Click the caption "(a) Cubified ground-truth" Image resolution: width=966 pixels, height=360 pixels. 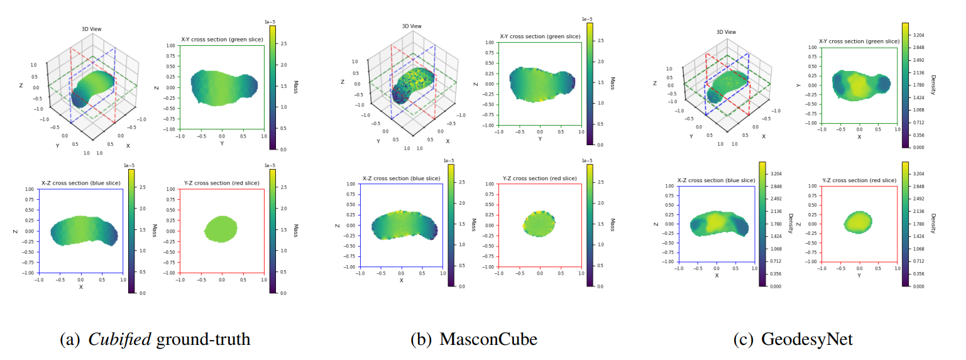coord(155,340)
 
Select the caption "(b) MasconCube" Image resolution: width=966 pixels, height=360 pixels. coord(473,340)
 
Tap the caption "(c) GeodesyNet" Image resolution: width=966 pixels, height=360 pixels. coord(793,340)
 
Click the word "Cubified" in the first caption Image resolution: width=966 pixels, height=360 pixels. coord(119,340)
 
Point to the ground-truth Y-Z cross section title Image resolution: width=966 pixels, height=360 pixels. coord(221,183)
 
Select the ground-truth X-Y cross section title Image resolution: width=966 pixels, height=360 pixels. coord(221,40)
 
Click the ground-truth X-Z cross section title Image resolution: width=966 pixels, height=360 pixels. coord(80,183)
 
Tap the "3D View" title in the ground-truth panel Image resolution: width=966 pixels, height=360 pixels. coord(91,29)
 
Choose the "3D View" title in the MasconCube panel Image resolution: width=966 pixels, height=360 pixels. coord(412,26)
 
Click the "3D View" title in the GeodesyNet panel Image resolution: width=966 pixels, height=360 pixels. coord(727,32)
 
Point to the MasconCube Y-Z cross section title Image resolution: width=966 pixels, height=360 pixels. coord(539,178)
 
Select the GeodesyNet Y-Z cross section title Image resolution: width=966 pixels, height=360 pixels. coord(860,180)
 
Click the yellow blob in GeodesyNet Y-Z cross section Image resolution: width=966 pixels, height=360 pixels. coord(858,221)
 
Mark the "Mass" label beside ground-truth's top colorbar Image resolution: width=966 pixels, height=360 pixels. coord(295,87)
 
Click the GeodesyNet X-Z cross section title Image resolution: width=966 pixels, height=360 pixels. coord(716,180)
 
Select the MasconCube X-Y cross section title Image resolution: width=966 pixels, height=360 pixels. coord(540,36)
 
